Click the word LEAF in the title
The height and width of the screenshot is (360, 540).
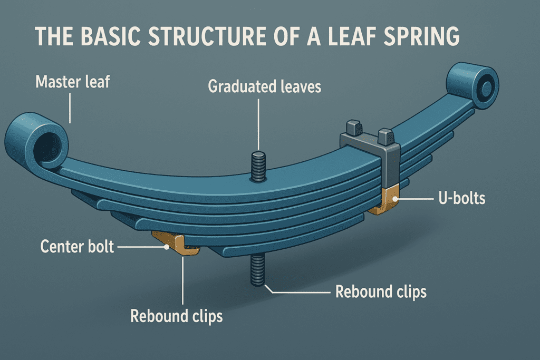tap(352, 36)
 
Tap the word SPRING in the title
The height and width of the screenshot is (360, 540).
tap(421, 36)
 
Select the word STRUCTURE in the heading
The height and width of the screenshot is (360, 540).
tap(207, 36)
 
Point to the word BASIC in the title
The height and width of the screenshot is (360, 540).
tap(111, 36)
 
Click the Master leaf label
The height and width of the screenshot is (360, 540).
tap(73, 82)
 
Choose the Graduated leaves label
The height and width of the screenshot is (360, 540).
tap(265, 86)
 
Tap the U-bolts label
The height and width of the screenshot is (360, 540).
tap(462, 198)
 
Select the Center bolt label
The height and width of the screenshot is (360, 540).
tap(77, 247)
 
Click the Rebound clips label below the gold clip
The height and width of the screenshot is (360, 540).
tap(176, 316)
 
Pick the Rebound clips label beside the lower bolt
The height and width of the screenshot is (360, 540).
tap(381, 291)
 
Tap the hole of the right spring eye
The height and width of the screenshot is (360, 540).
tap(485, 88)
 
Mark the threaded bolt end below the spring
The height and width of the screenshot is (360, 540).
tap(257, 269)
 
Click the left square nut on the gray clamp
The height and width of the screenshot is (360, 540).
tap(354, 128)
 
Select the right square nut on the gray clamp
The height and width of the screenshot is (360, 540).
tap(385, 137)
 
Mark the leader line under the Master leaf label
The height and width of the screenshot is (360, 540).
tap(70, 109)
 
